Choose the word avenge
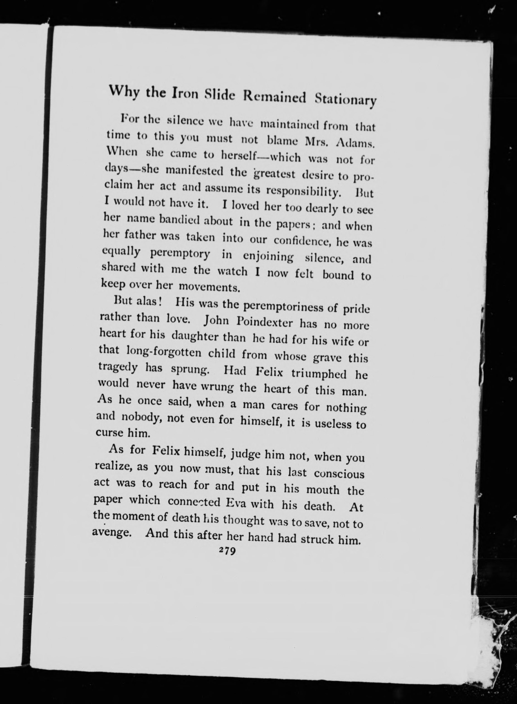click(111, 533)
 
